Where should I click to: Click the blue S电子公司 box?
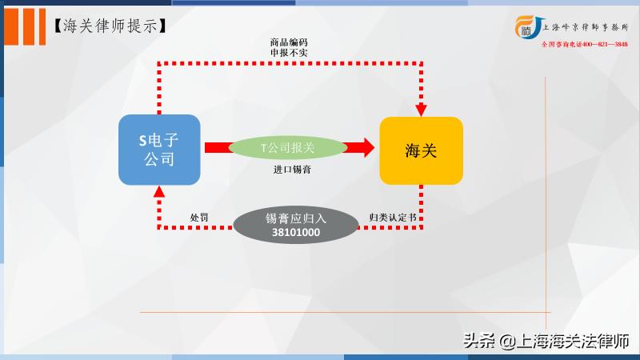click(158, 149)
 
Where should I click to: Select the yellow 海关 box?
click(421, 150)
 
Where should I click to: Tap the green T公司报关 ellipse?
click(287, 148)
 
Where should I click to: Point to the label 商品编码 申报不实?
click(289, 46)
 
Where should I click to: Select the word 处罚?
click(199, 218)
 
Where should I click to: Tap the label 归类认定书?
click(393, 218)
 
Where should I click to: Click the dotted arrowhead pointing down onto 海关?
click(422, 109)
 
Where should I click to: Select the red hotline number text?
click(585, 45)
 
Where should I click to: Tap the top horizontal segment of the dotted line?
click(288, 62)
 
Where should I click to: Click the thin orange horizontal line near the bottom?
click(344, 311)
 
